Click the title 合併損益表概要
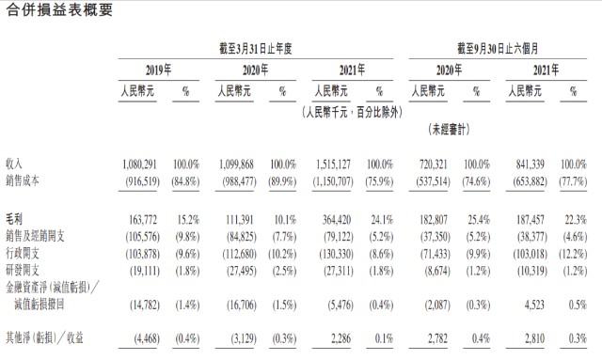[x=59, y=9]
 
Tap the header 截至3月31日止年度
[x=256, y=49]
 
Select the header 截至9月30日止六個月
[x=498, y=49]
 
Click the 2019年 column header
[x=159, y=70]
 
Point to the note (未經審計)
[x=450, y=130]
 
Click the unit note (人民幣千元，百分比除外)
[x=352, y=112]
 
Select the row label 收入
[x=14, y=164]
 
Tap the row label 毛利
[x=14, y=219]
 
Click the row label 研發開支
[x=23, y=271]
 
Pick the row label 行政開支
[x=23, y=253]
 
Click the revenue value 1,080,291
[x=139, y=164]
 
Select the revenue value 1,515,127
[x=333, y=164]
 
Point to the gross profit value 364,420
[x=337, y=220]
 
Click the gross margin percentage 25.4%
[x=479, y=220]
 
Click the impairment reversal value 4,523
[x=534, y=305]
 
